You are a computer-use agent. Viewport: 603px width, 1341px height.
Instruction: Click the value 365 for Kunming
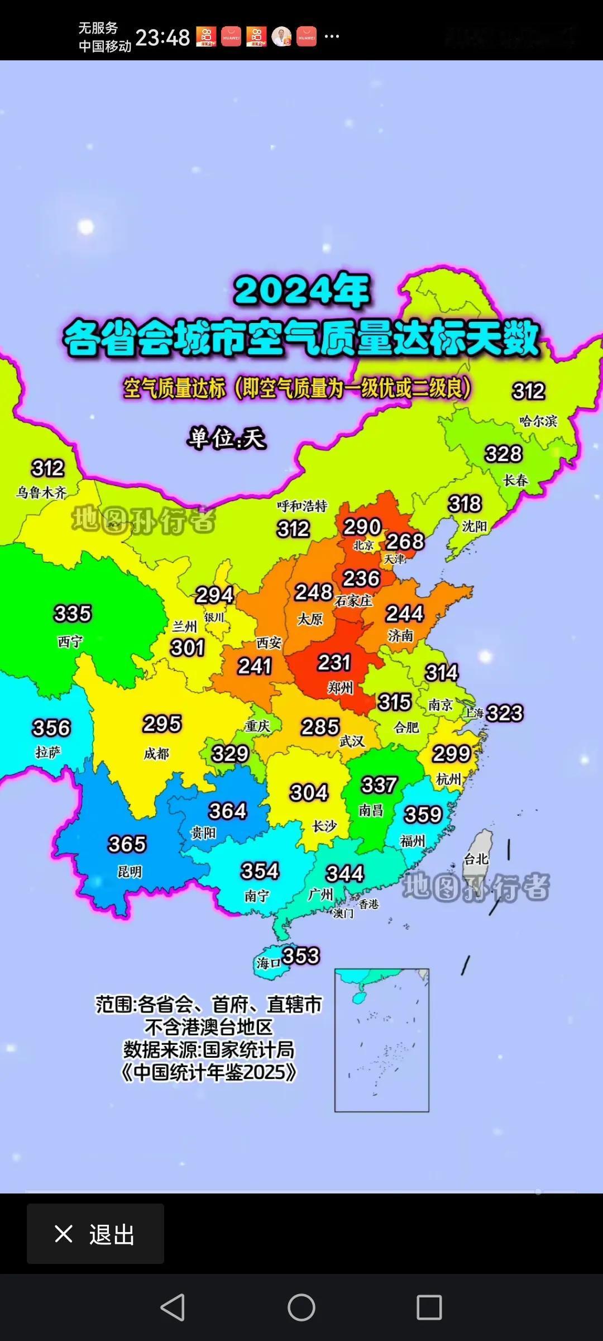tap(127, 844)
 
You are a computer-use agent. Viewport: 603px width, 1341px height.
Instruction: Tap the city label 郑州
tap(340, 687)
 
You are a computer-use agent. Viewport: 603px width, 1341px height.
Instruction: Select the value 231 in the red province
tap(334, 663)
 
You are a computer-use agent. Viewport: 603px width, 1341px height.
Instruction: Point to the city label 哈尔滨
tap(538, 421)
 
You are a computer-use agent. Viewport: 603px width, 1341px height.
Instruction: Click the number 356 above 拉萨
tap(51, 728)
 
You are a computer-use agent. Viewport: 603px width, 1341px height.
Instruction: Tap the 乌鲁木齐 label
tap(41, 492)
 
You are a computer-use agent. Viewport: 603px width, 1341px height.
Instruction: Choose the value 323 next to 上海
tap(505, 713)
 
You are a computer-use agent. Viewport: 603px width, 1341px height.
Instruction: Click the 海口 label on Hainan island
tap(268, 963)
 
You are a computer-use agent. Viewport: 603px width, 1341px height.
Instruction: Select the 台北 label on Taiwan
tap(476, 859)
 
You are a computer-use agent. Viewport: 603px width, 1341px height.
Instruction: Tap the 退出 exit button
tap(95, 1234)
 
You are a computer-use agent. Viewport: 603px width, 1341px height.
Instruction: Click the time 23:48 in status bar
tap(162, 37)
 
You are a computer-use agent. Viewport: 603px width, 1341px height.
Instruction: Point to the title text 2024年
tap(302, 291)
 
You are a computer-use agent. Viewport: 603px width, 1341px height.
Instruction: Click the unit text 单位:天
tap(226, 438)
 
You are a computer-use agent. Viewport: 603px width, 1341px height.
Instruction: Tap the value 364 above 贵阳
tap(227, 811)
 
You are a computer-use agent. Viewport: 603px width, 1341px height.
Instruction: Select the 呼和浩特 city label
tap(302, 506)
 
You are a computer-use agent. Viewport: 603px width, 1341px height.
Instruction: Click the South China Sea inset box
tap(381, 1040)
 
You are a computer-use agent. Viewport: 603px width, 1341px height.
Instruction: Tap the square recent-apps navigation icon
tap(429, 1307)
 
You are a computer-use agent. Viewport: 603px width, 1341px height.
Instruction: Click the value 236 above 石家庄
tap(361, 578)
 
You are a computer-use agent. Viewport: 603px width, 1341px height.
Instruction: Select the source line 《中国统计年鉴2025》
tap(209, 1072)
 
